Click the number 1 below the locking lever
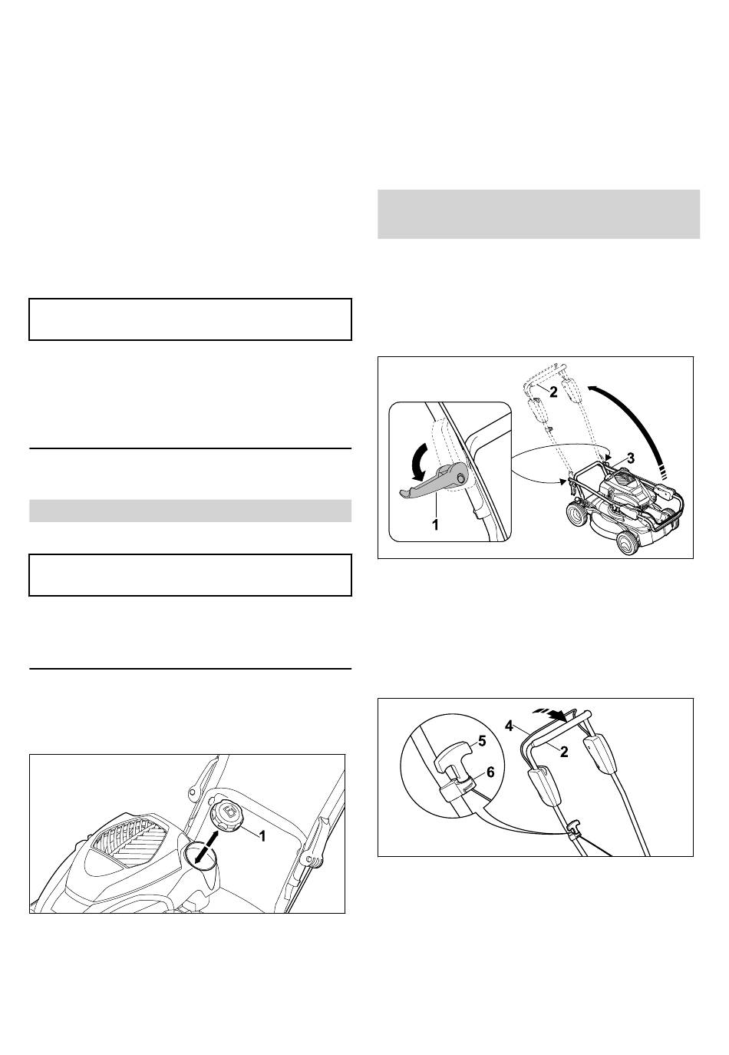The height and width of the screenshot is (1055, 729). (x=435, y=524)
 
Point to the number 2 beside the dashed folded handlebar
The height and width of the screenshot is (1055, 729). (x=553, y=392)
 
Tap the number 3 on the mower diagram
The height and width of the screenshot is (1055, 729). (x=631, y=458)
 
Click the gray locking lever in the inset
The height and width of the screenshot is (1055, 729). (x=433, y=479)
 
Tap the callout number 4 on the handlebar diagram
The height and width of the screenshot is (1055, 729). (x=509, y=726)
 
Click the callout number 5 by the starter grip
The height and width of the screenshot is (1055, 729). (x=481, y=741)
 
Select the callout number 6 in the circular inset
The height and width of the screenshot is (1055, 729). (x=490, y=772)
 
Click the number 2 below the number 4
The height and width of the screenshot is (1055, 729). (x=564, y=752)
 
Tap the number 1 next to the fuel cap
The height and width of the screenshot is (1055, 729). (x=262, y=836)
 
